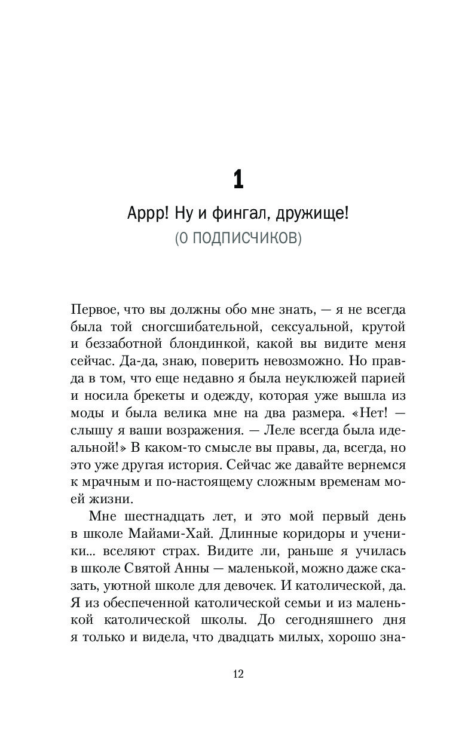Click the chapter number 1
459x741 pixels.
238,179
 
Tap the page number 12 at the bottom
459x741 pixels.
238,674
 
